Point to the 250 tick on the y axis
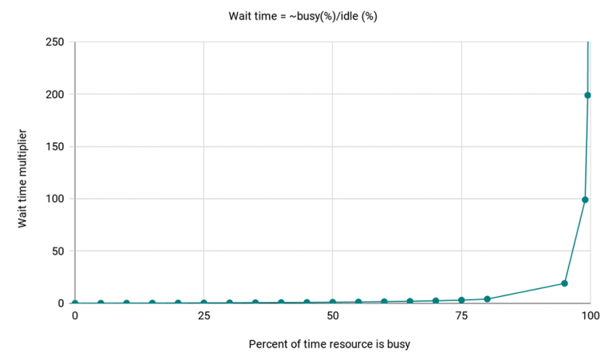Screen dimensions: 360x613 (56, 42)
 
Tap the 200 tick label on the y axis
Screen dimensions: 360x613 (56, 94)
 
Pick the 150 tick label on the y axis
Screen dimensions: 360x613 (56, 146)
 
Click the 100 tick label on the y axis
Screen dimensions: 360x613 (56, 199)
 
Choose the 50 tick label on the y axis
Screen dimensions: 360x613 (58, 251)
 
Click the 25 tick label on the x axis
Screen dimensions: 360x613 (204, 316)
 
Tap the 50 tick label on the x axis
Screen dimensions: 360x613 (332, 316)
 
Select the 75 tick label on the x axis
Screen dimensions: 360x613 (461, 316)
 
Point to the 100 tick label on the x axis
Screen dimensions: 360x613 (590, 316)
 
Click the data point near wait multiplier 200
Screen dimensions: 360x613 (588, 95)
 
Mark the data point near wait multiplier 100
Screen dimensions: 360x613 (585, 200)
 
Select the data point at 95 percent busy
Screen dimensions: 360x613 (564, 283)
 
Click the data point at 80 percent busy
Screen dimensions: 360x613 (487, 299)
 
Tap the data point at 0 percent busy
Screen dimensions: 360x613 (75, 303)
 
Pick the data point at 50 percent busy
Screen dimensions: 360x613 (333, 303)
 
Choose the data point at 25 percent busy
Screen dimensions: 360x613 (204, 303)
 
